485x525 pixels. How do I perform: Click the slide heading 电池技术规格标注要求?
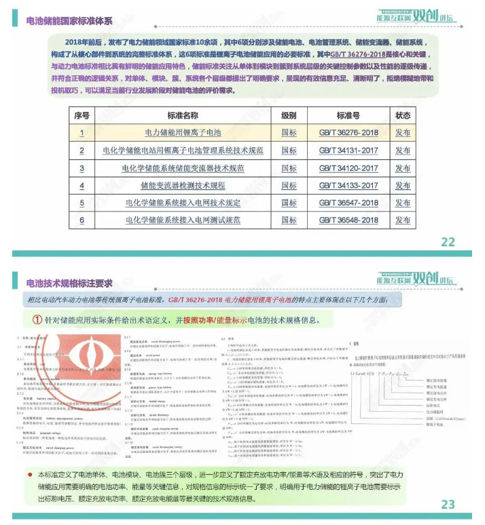(69, 284)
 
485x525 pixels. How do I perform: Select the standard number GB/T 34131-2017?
(348, 151)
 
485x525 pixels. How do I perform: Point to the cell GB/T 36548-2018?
(348, 220)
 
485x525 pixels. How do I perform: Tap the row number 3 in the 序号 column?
(82, 168)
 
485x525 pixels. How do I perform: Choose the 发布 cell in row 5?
(403, 203)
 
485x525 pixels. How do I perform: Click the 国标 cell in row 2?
(289, 151)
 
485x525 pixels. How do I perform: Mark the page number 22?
(448, 241)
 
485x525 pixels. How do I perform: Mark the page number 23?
(448, 504)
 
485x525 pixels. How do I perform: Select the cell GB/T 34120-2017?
(348, 168)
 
